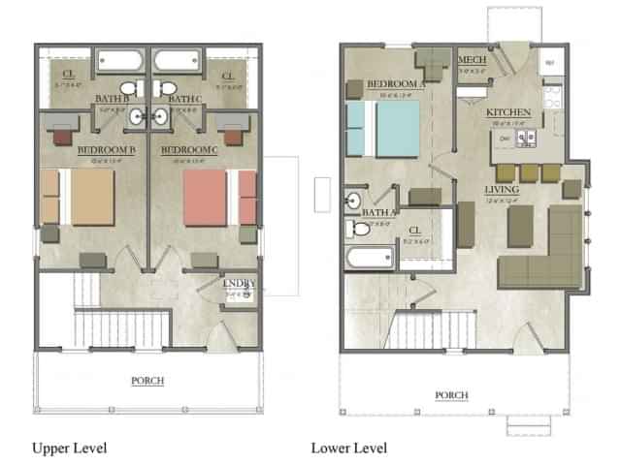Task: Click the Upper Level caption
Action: click(x=69, y=448)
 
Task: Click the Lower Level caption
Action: click(x=348, y=448)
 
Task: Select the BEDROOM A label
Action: click(x=397, y=85)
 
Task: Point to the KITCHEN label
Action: click(x=507, y=113)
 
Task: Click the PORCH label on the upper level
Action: click(x=147, y=381)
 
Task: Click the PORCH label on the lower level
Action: click(x=451, y=394)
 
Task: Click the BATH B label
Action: click(x=113, y=99)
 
